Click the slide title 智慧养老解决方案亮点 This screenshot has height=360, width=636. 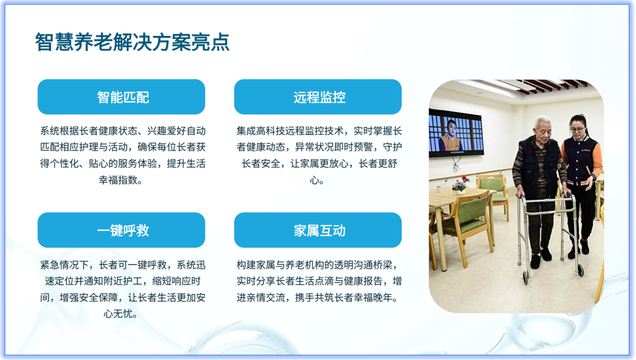point(132,42)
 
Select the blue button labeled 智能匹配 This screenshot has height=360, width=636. point(121,97)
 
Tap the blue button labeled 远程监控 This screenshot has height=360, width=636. point(318,97)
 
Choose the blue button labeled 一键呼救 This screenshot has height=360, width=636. point(121,230)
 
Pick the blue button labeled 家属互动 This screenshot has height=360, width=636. point(318,230)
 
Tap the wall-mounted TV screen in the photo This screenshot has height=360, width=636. point(455,135)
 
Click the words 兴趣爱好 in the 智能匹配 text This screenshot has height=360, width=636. point(167,131)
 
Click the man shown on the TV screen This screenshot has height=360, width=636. point(449,137)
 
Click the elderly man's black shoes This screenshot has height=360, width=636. point(543,255)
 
